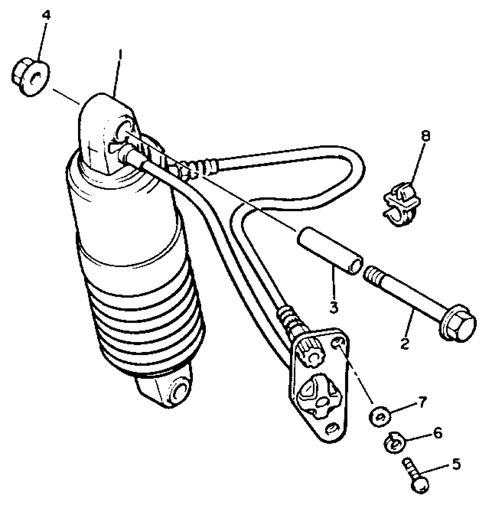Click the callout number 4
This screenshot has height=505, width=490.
[46, 15]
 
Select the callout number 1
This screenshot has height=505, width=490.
[120, 55]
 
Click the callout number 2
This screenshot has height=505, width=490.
[405, 343]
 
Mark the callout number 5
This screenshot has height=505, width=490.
[456, 464]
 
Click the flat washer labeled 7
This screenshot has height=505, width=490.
[380, 417]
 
